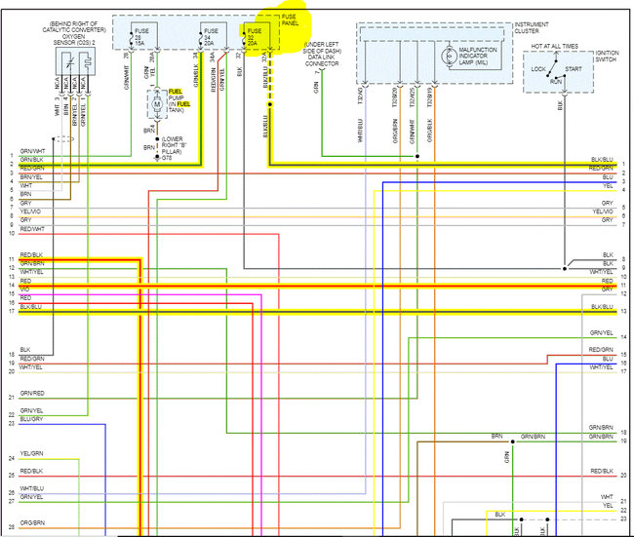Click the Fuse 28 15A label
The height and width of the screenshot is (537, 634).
pos(139,38)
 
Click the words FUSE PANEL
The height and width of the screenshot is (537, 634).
pos(289,20)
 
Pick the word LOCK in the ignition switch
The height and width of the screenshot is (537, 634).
pos(538,69)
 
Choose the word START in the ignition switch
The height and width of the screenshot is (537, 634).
pos(573,69)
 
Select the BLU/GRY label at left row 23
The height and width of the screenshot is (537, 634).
pos(31,418)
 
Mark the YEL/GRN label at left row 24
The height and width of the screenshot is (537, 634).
pos(31,454)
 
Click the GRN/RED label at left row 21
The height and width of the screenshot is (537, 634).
pos(31,393)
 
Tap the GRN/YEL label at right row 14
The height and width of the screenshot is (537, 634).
pos(601,333)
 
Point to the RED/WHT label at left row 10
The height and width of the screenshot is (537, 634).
pos(32,229)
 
